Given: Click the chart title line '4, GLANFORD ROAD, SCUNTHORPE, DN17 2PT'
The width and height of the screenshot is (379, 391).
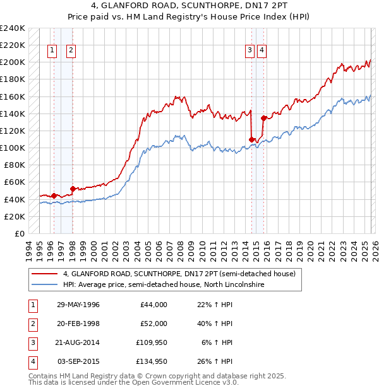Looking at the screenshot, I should click(189, 7).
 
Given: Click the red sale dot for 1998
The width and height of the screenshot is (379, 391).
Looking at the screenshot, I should click(73, 189).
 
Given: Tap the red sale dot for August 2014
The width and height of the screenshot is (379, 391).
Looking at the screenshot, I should click(251, 139).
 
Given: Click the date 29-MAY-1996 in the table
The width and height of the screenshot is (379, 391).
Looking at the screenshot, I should click(78, 305).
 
